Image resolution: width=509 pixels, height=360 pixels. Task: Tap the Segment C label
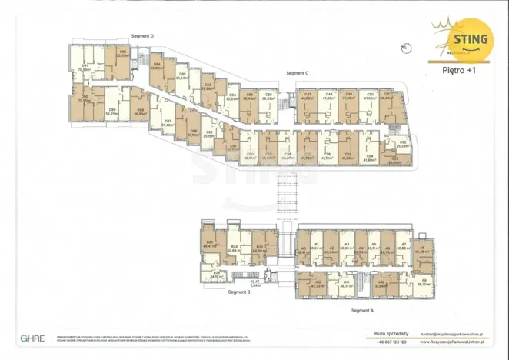[x=297, y=72]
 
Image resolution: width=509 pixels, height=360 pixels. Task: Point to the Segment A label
[x=361, y=309]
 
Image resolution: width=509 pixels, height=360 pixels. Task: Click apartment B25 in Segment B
[x=208, y=245]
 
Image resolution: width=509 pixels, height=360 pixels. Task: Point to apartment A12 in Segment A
[x=318, y=284]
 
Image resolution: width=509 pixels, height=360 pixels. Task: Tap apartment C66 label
[x=268, y=97]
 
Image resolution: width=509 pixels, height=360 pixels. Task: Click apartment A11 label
[x=346, y=284]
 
